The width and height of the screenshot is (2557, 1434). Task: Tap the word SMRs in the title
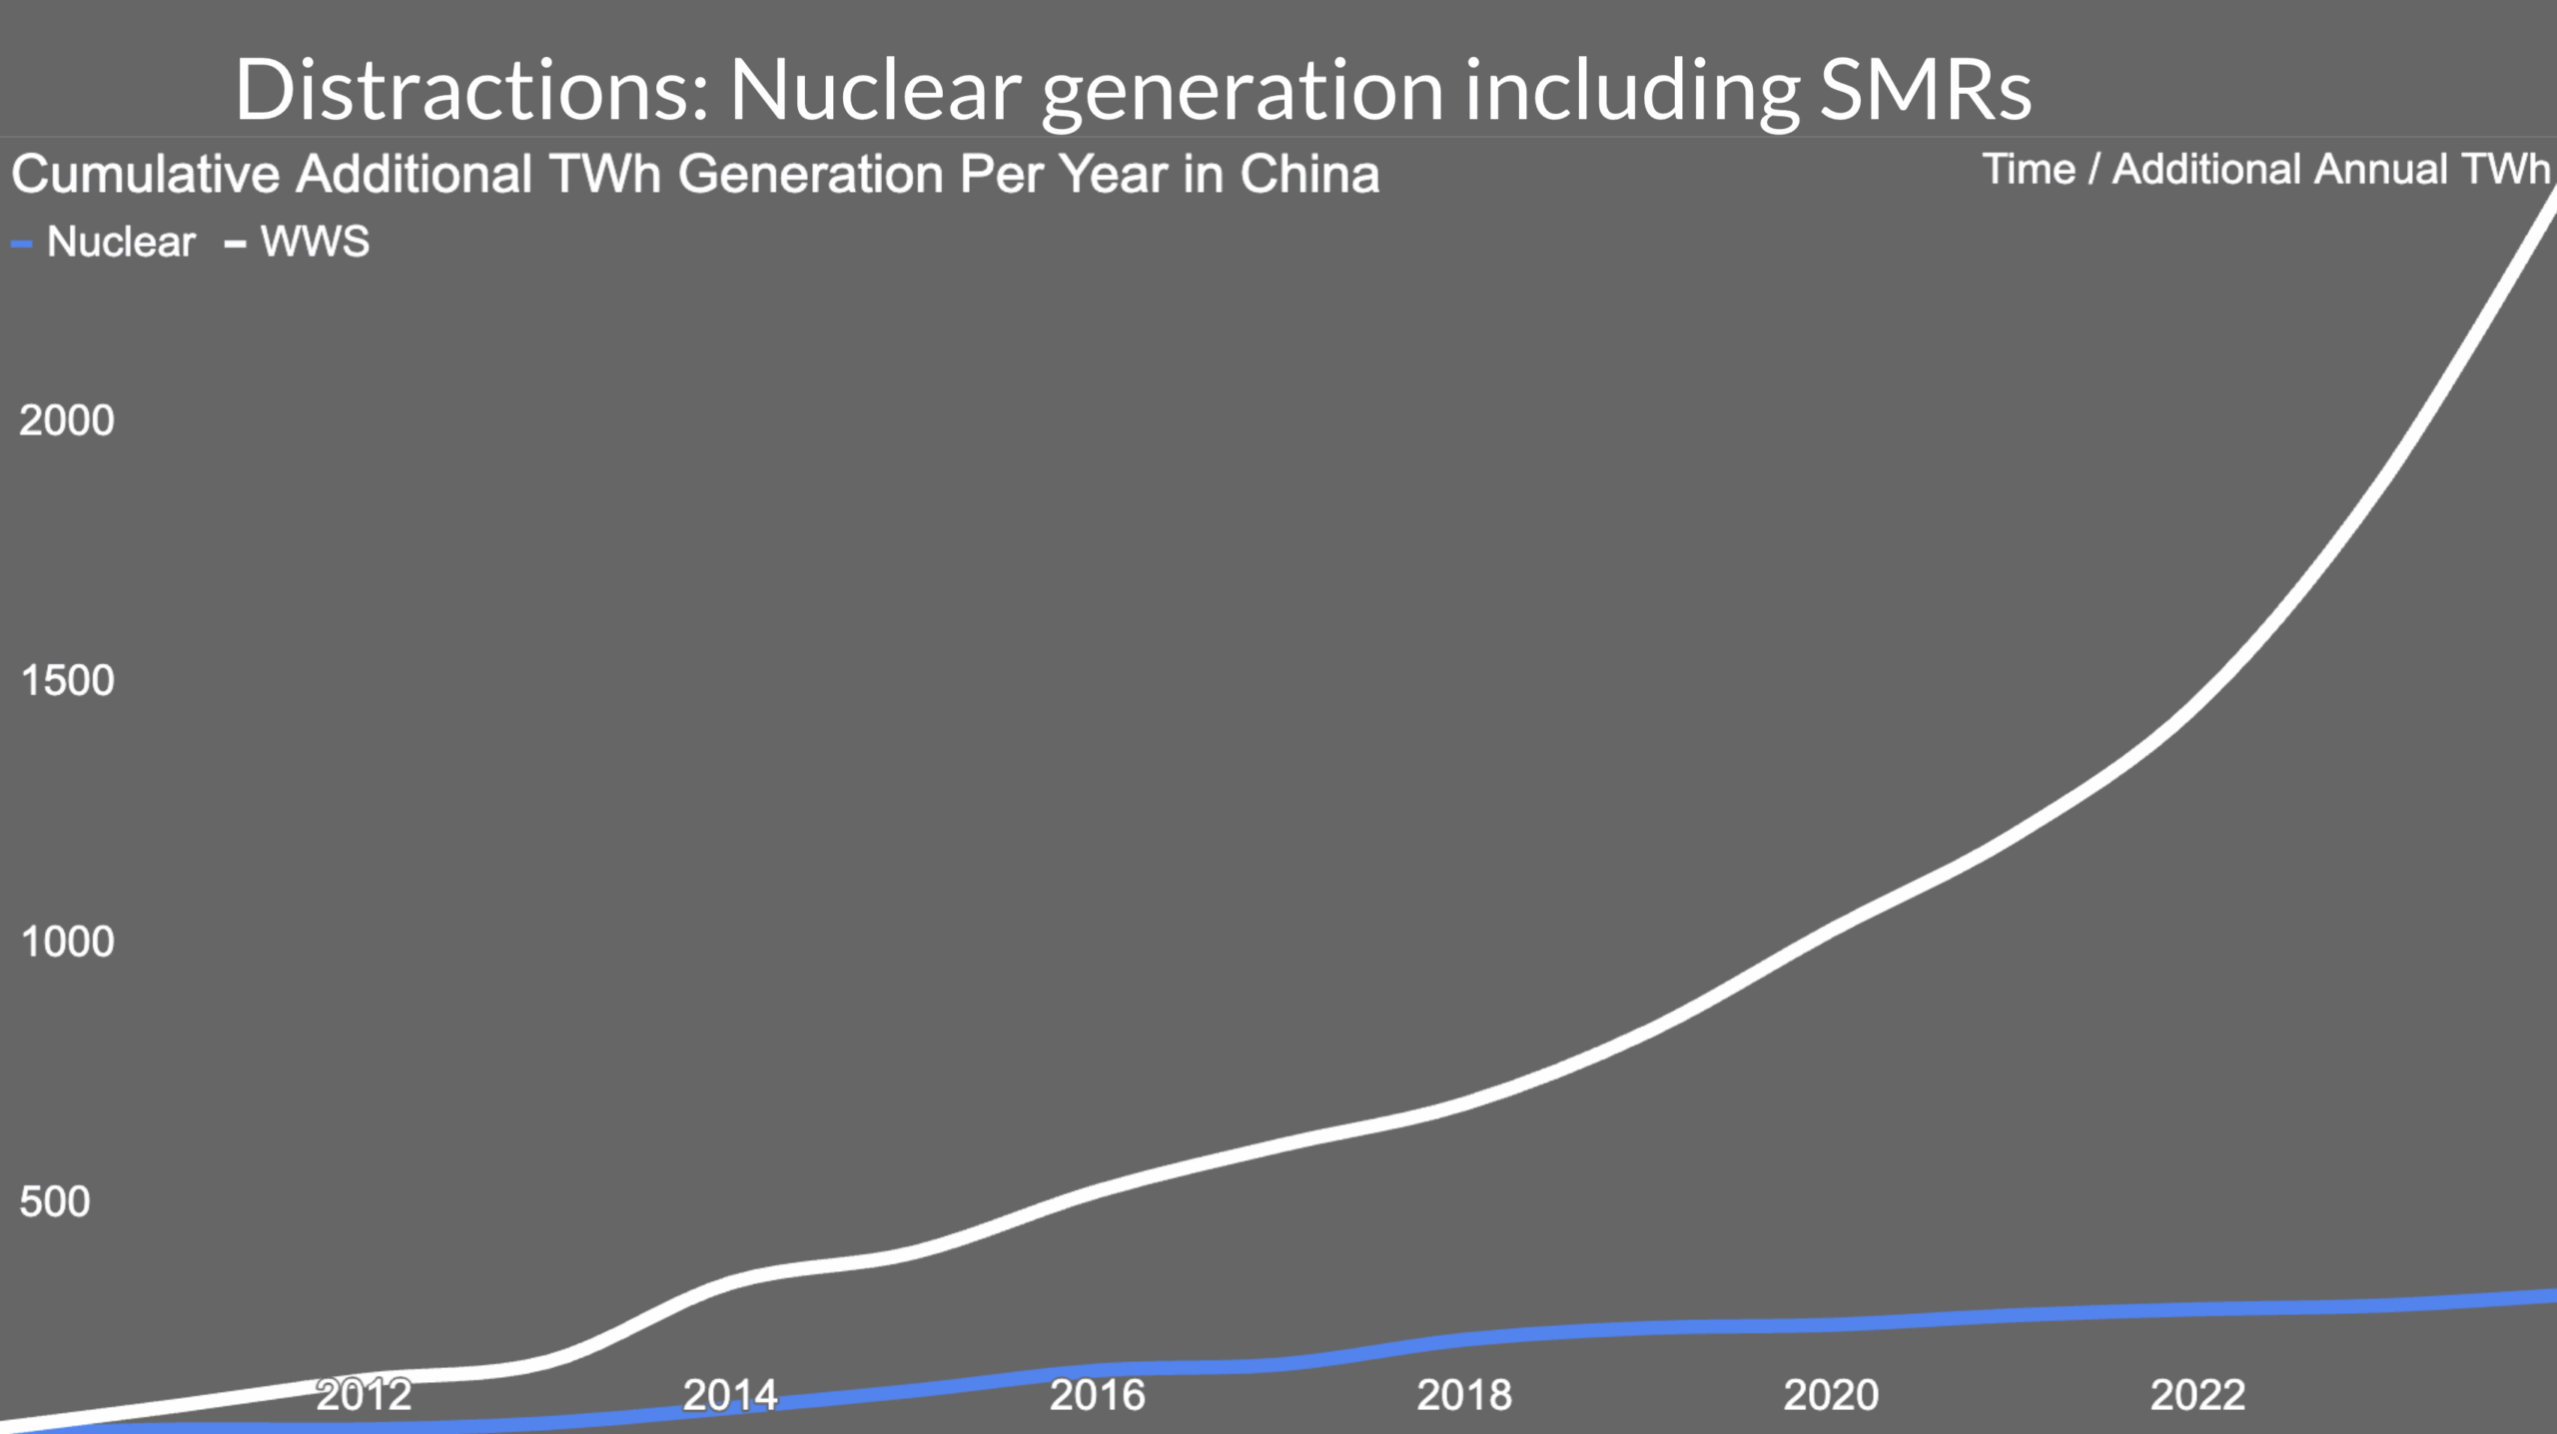click(x=1924, y=90)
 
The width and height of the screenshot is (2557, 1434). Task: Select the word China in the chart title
click(x=1309, y=175)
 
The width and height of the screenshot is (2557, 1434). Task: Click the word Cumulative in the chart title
click(x=146, y=175)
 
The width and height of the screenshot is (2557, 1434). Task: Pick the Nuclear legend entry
click(x=120, y=243)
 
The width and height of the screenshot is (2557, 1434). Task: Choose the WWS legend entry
click(x=314, y=243)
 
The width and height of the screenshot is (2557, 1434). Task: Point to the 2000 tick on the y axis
click(x=67, y=420)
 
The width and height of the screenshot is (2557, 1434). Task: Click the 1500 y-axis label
click(x=67, y=681)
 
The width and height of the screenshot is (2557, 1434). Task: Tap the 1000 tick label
click(x=67, y=942)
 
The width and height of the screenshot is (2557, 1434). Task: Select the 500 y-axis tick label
click(x=55, y=1201)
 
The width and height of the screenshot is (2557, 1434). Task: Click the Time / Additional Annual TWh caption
click(x=2265, y=170)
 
